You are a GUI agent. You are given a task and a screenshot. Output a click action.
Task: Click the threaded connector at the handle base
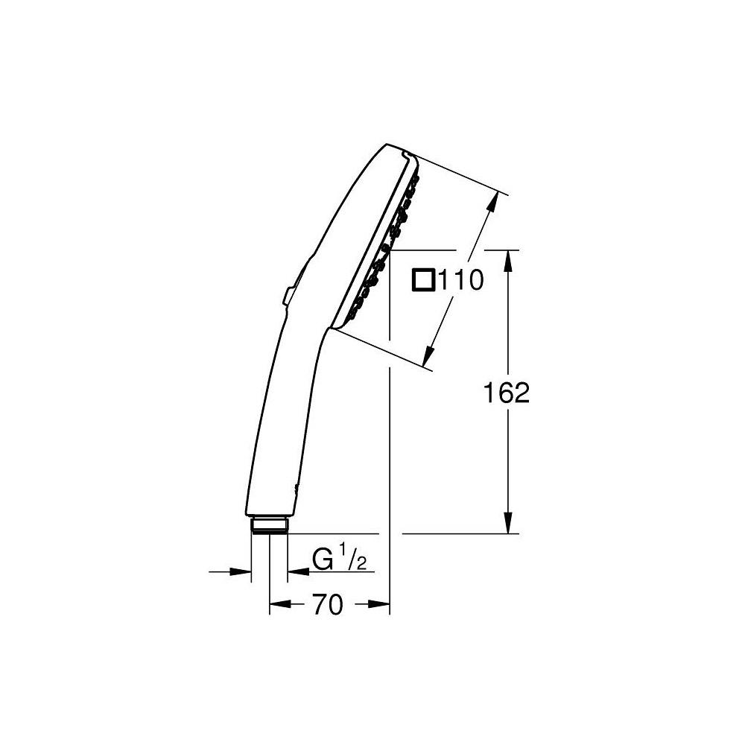269,525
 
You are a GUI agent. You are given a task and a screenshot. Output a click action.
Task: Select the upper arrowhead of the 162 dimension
509,258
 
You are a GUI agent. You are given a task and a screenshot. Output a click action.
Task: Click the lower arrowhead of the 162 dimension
509,525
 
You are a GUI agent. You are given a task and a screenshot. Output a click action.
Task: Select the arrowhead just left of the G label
295,571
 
